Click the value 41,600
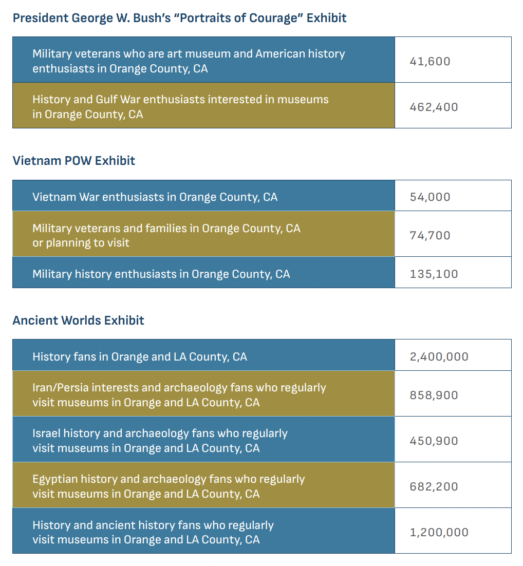pyautogui.click(x=430, y=62)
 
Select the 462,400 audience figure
pyautogui.click(x=434, y=107)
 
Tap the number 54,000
pyautogui.click(x=430, y=197)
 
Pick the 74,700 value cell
pyautogui.click(x=430, y=236)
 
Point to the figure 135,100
pyautogui.click(x=434, y=274)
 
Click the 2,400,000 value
pyautogui.click(x=439, y=357)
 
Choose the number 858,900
pyautogui.click(x=434, y=395)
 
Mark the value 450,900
pyautogui.click(x=434, y=441)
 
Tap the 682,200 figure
pyautogui.click(x=434, y=487)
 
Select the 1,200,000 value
pyautogui.click(x=439, y=533)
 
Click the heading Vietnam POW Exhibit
pyautogui.click(x=74, y=161)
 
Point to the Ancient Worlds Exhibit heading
pyautogui.click(x=78, y=320)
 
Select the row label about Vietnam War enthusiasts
pyautogui.click(x=155, y=197)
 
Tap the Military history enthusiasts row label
pyautogui.click(x=161, y=274)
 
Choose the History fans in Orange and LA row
pyautogui.click(x=140, y=357)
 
